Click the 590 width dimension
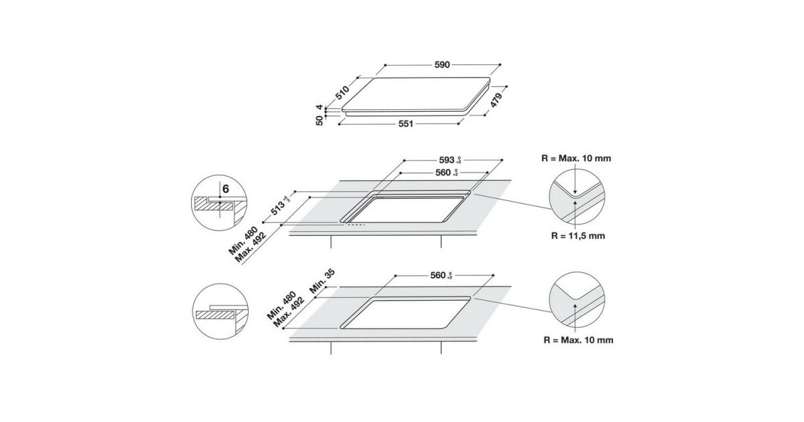pos(442,65)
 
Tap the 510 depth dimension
pos(342,92)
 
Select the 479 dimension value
pos(496,100)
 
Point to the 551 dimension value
pos(406,124)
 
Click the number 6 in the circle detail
pos(226,189)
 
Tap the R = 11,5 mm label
pos(578,236)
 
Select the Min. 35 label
pos(322,281)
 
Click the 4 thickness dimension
pos(319,107)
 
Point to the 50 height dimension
pos(319,121)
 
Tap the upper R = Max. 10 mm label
pos(576,158)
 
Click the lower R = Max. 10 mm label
pos(579,340)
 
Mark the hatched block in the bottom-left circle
pos(214,315)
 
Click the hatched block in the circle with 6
pos(214,205)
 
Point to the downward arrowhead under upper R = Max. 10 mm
pos(575,192)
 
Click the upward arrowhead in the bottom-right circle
pos(575,307)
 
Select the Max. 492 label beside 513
pos(251,248)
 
